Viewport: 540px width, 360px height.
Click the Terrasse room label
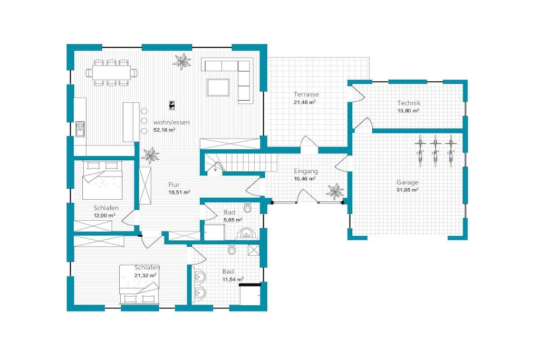pyautogui.click(x=306, y=94)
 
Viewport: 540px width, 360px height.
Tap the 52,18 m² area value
pyautogui.click(x=165, y=130)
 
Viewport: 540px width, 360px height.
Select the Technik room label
pyautogui.click(x=409, y=103)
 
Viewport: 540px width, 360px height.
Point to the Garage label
pyautogui.click(x=407, y=182)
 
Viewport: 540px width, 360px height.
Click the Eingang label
pyautogui.click(x=306, y=171)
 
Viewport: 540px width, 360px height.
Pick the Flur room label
pyautogui.click(x=174, y=184)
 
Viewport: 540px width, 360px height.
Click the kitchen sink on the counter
pyautogui.click(x=80, y=129)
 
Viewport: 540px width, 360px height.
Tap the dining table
pyautogui.click(x=112, y=73)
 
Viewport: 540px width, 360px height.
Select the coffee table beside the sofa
pyautogui.click(x=218, y=87)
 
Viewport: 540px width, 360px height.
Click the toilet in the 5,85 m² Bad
pyautogui.click(x=248, y=208)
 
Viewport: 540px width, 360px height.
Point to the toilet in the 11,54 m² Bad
pyautogui.click(x=232, y=249)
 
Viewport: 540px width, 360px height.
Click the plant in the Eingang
pyautogui.click(x=334, y=191)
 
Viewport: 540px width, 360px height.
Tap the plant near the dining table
pyautogui.click(x=181, y=61)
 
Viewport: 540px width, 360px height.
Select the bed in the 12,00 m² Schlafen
pyautogui.click(x=103, y=180)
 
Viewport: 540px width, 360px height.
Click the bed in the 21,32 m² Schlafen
pyautogui.click(x=139, y=284)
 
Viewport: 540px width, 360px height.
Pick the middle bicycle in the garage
pyautogui.click(x=435, y=150)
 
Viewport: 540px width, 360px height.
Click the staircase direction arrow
pyautogui.click(x=215, y=168)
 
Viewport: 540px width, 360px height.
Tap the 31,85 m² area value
pyautogui.click(x=408, y=190)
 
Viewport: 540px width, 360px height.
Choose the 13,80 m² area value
pyautogui.click(x=409, y=111)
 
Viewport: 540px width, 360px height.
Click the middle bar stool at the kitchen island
pyautogui.click(x=144, y=121)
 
